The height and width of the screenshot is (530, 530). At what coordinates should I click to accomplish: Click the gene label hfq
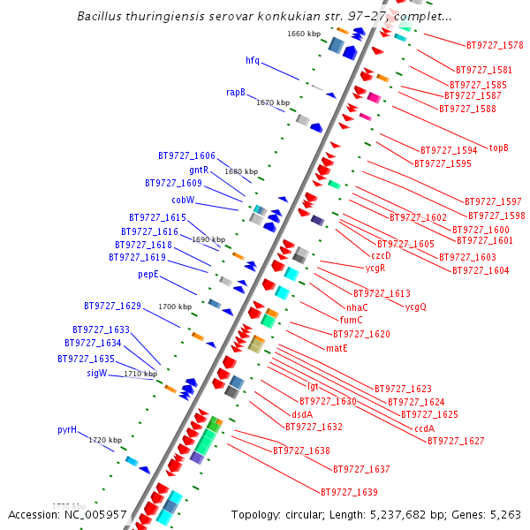pyautogui.click(x=253, y=60)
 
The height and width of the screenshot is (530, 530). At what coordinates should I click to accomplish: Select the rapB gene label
pyautogui.click(x=235, y=92)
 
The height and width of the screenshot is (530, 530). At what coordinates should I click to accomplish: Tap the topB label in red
pyautogui.click(x=499, y=148)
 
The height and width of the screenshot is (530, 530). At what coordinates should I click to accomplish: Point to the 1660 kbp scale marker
pyautogui.click(x=304, y=34)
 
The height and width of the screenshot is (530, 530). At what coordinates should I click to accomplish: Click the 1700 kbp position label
pyautogui.click(x=175, y=307)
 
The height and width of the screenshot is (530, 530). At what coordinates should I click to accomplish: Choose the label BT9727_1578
pyautogui.click(x=495, y=45)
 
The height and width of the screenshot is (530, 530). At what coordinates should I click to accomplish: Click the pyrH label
pyautogui.click(x=67, y=430)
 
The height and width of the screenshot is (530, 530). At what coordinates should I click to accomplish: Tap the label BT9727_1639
pyautogui.click(x=349, y=492)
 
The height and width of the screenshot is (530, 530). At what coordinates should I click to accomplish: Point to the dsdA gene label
pyautogui.click(x=302, y=413)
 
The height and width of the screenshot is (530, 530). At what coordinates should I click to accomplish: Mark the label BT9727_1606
pyautogui.click(x=186, y=155)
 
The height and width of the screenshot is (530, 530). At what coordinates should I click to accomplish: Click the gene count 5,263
pyautogui.click(x=503, y=514)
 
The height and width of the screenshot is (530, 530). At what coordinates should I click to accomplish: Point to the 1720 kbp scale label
pyautogui.click(x=105, y=440)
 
